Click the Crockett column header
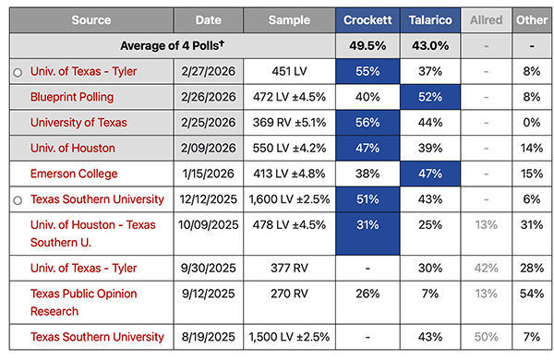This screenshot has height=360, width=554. (367, 19)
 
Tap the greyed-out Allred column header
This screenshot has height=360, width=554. (486, 19)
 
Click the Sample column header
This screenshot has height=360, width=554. (289, 19)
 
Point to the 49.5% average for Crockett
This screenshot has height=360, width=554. (367, 44)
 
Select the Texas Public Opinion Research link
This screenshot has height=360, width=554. (81, 302)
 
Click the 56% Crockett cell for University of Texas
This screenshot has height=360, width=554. (367, 122)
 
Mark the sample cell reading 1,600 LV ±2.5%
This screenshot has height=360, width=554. (289, 199)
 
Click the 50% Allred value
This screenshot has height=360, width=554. (486, 338)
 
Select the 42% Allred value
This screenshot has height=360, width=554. (486, 268)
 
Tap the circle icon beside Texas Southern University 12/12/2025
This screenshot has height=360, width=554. (18, 199)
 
